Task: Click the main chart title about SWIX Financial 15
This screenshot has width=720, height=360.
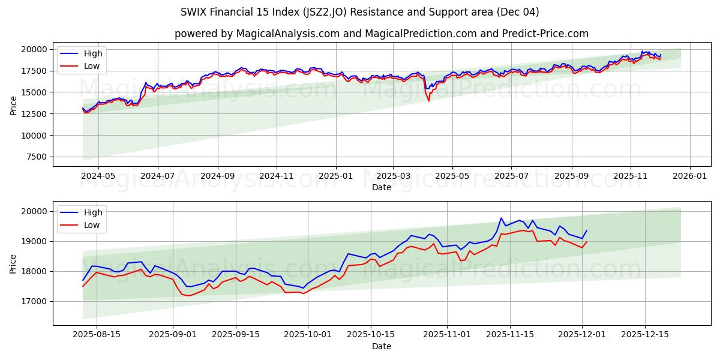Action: pos(360,12)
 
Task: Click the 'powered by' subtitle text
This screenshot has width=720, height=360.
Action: pos(382,34)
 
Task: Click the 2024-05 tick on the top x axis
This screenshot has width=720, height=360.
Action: pos(98,176)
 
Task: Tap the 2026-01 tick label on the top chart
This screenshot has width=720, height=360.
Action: pos(689,176)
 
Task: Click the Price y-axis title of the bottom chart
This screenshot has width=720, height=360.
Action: pos(13,263)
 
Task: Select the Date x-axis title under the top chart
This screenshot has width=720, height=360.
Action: pos(382,187)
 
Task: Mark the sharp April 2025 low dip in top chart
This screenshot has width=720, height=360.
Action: pos(428,100)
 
